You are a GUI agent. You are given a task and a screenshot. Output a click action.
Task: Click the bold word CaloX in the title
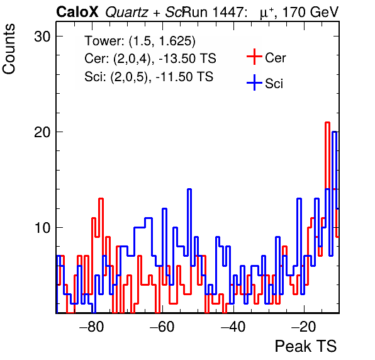(x=77, y=12)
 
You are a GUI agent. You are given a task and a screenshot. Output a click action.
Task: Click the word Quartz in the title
(x=126, y=13)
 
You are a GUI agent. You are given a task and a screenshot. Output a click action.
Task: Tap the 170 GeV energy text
(x=310, y=12)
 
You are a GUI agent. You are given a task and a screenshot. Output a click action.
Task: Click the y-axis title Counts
(x=9, y=49)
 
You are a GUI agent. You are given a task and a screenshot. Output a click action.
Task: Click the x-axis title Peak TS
(x=306, y=346)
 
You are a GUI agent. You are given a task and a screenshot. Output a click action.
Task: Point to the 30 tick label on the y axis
(x=42, y=37)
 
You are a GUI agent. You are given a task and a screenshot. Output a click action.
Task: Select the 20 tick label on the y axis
(x=42, y=132)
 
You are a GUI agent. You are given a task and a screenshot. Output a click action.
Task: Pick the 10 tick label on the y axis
(x=42, y=228)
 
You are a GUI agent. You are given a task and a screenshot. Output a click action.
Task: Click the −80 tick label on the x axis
(x=92, y=326)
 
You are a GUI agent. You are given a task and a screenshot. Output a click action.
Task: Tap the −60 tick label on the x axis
(x=162, y=326)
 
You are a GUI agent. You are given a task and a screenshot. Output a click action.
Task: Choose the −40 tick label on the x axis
(x=233, y=326)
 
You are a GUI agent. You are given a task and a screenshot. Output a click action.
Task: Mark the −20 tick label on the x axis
(x=304, y=326)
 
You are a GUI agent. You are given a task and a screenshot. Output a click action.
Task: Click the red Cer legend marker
(x=254, y=57)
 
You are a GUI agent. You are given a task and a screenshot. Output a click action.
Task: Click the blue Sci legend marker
(x=254, y=83)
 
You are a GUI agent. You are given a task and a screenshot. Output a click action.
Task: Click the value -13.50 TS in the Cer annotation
(x=187, y=59)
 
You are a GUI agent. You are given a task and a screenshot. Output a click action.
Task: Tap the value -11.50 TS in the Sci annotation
(x=184, y=77)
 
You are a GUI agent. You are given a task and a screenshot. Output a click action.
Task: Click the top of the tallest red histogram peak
(x=327, y=123)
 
